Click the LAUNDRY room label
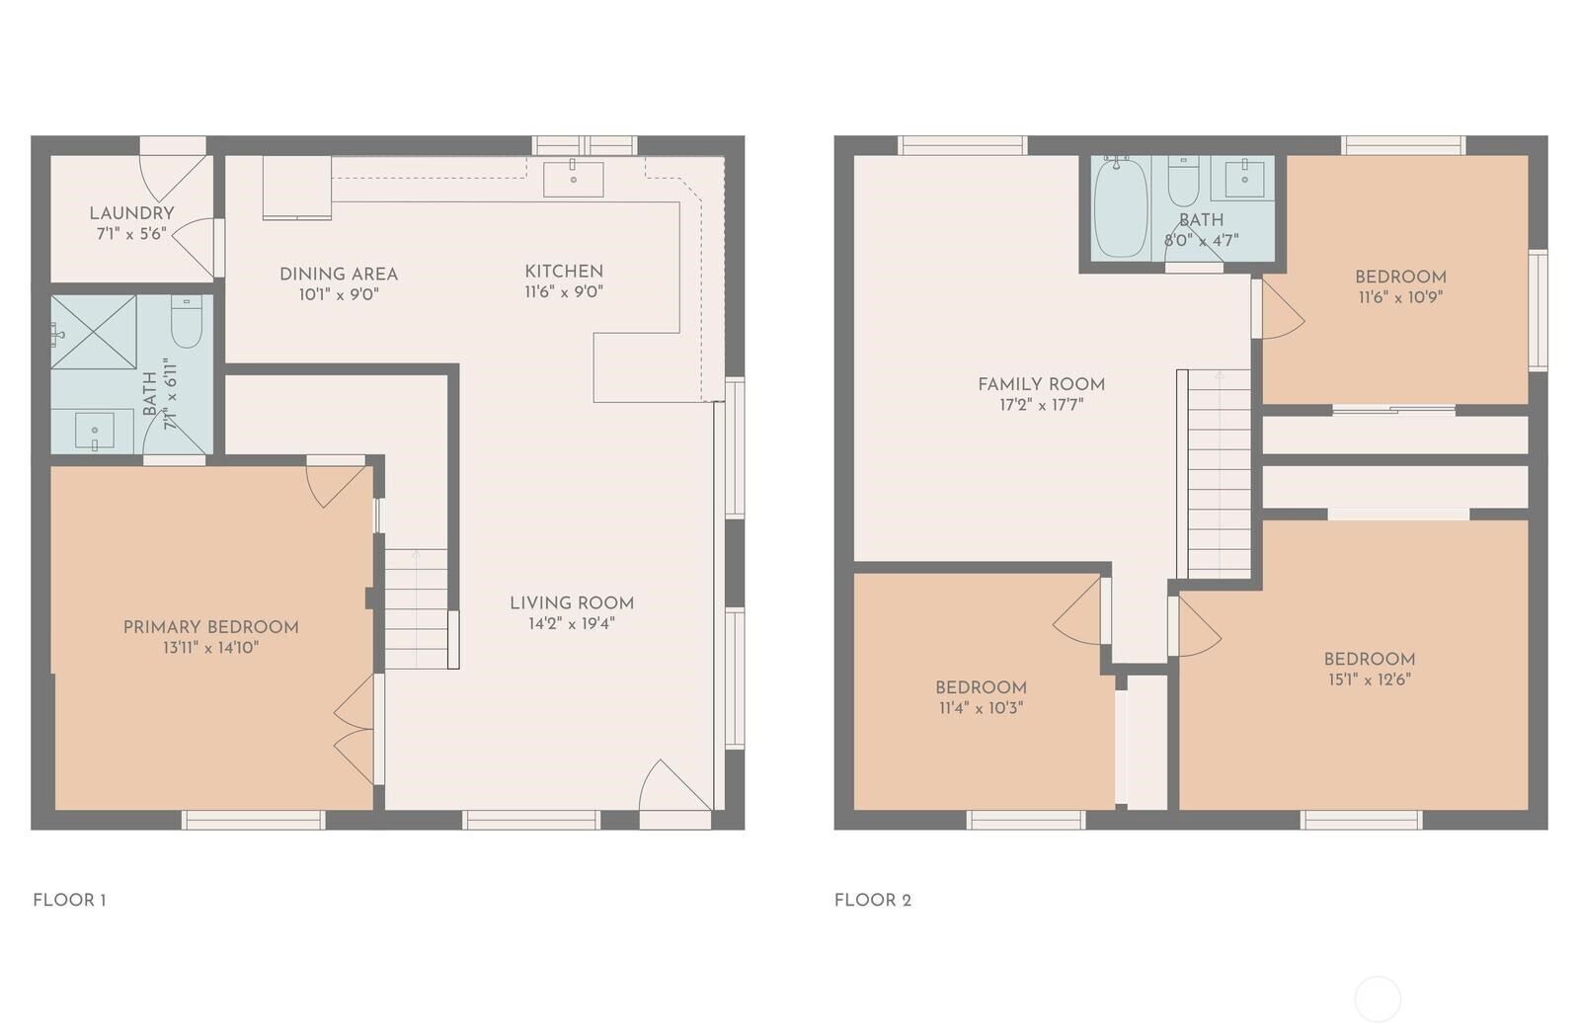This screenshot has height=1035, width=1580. pyautogui.click(x=131, y=213)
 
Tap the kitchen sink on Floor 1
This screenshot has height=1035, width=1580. pyautogui.click(x=574, y=179)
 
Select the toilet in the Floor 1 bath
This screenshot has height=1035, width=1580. pyautogui.click(x=187, y=322)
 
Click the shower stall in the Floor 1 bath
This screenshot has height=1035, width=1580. pyautogui.click(x=93, y=332)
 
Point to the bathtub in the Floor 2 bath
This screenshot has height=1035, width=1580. pyautogui.click(x=1122, y=207)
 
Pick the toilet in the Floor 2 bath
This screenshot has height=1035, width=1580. pyautogui.click(x=1183, y=181)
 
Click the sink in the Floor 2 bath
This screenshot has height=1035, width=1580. pyautogui.click(x=1243, y=179)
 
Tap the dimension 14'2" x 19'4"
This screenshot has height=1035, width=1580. pyautogui.click(x=572, y=624)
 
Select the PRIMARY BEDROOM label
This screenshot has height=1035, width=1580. pyautogui.click(x=211, y=627)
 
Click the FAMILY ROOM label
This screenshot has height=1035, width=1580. pyautogui.click(x=1041, y=384)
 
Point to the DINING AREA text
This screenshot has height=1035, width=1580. pyautogui.click(x=339, y=274)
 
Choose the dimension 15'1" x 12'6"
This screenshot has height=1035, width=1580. pyautogui.click(x=1369, y=680)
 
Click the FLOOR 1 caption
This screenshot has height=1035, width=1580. pyautogui.click(x=69, y=901)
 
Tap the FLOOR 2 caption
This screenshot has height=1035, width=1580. pyautogui.click(x=873, y=901)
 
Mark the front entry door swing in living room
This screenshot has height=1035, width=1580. pyautogui.click(x=673, y=785)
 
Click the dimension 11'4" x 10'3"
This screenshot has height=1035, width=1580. pyautogui.click(x=981, y=708)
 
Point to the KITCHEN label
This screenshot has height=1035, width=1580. pyautogui.click(x=564, y=272)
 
